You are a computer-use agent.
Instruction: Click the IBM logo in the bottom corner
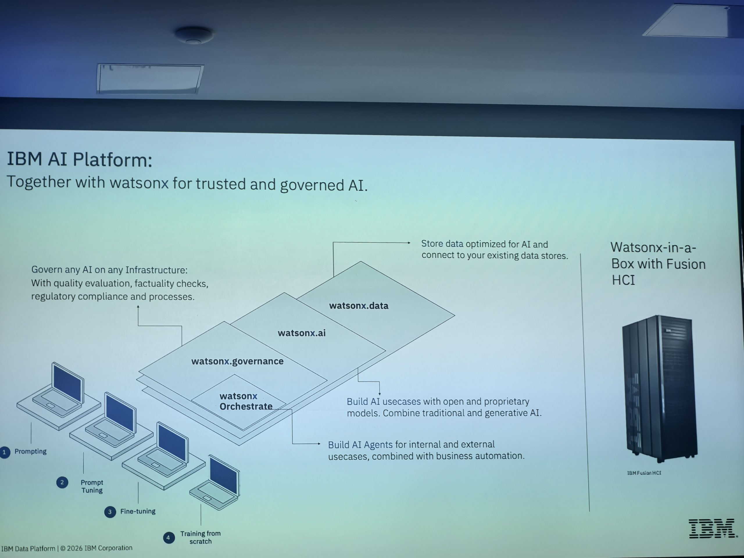tap(712, 528)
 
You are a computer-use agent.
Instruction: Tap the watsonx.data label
tap(359, 306)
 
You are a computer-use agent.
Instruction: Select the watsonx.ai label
tap(301, 333)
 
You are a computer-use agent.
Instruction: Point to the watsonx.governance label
tap(237, 361)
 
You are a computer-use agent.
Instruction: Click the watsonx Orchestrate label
tap(246, 401)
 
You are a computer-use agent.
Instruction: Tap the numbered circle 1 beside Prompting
tap(4, 452)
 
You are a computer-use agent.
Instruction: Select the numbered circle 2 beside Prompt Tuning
tap(62, 483)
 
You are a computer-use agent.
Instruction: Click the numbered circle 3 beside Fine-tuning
tap(110, 512)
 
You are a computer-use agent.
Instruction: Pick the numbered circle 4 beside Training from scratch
tap(169, 537)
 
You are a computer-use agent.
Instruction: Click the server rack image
tap(659, 389)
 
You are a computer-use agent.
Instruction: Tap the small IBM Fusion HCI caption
tap(644, 473)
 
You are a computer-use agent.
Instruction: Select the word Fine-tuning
tap(138, 511)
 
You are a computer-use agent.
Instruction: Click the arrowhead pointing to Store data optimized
tap(409, 242)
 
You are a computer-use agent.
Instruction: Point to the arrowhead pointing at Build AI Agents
tap(319, 444)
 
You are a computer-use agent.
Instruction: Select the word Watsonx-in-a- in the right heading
tap(653, 248)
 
